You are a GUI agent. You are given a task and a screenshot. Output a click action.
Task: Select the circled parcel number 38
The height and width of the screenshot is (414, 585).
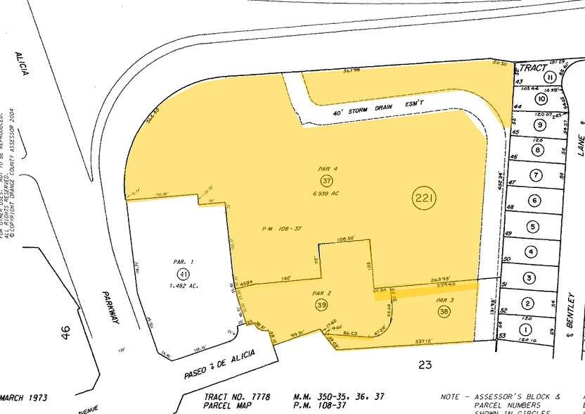tap(444, 310)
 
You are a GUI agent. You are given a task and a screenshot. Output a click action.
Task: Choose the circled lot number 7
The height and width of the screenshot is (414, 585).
tap(535, 175)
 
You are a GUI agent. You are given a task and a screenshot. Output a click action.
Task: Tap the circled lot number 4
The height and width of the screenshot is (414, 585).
tap(531, 251)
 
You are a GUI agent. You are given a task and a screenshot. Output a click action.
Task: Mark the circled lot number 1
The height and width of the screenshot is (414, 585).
tap(525, 327)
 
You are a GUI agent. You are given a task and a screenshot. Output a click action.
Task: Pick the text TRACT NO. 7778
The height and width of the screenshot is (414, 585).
tap(237, 396)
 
